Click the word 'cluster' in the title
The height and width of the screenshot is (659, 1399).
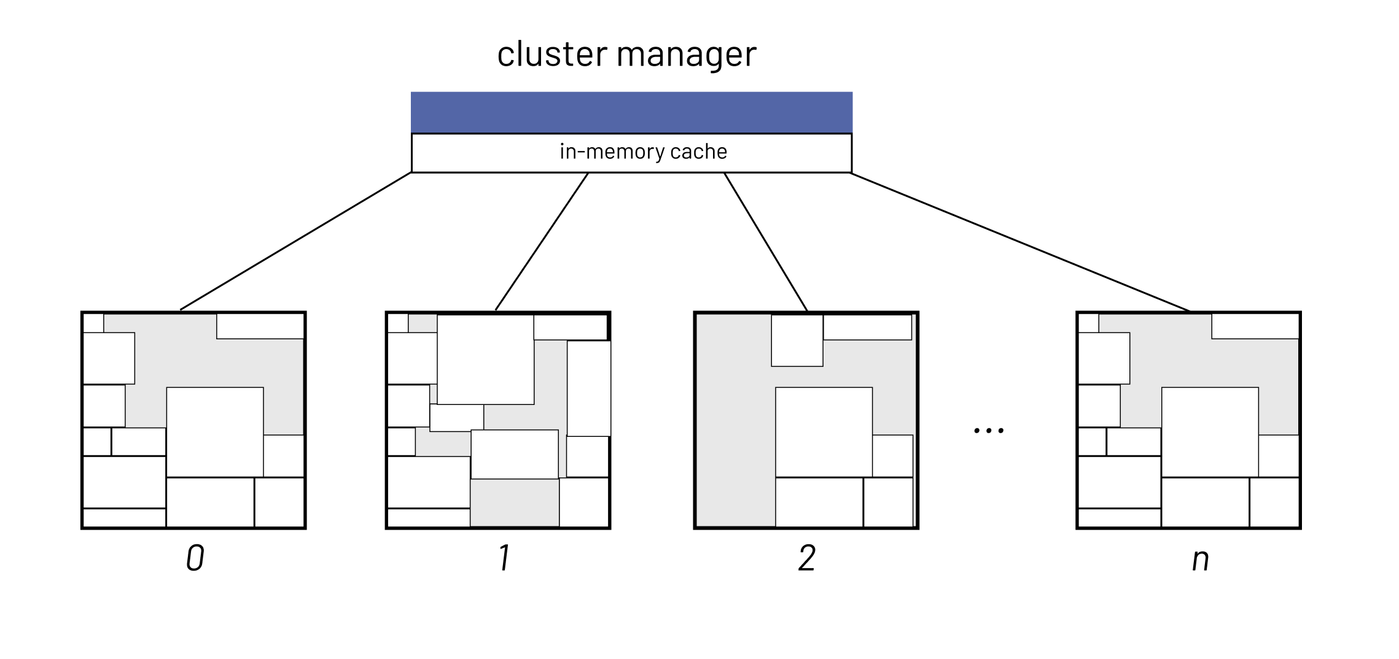(x=551, y=54)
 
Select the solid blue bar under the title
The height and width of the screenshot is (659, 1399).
(x=631, y=112)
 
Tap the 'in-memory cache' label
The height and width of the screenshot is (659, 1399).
(x=643, y=152)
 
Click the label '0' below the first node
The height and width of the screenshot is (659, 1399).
(x=195, y=558)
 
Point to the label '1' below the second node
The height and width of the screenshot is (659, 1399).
(x=505, y=558)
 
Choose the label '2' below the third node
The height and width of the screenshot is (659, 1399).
(x=807, y=558)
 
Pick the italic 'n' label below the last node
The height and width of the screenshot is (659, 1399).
(x=1200, y=560)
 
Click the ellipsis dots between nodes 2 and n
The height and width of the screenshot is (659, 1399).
(x=989, y=431)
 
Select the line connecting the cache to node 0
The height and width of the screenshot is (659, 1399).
(x=295, y=241)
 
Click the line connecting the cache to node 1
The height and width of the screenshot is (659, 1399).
(x=542, y=242)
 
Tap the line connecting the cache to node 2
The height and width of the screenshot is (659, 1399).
(x=765, y=242)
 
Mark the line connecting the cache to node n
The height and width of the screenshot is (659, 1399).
(x=1019, y=242)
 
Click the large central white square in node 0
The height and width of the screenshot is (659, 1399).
(x=215, y=431)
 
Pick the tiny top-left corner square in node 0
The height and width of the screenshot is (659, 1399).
(x=93, y=323)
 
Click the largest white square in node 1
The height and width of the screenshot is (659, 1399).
(x=485, y=359)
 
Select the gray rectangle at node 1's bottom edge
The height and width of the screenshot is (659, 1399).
(x=515, y=503)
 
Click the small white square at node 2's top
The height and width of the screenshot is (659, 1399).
(x=797, y=341)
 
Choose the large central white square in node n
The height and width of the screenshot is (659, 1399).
(x=1210, y=431)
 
